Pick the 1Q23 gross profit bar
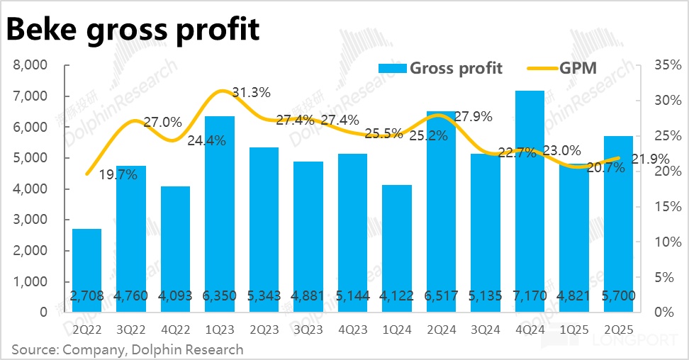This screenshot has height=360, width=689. [x=219, y=213]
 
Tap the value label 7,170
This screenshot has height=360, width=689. [x=530, y=295]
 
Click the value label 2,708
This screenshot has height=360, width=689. [x=86, y=295]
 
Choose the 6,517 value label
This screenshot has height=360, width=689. [x=441, y=295]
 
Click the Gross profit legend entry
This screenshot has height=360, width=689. [x=439, y=68]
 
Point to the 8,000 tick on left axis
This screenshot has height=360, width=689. [x=32, y=66]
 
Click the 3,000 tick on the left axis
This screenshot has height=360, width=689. [x=32, y=220]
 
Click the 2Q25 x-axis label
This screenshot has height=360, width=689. [x=618, y=328]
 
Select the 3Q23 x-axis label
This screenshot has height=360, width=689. [x=308, y=328]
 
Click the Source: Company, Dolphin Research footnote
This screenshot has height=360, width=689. [x=128, y=349]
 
